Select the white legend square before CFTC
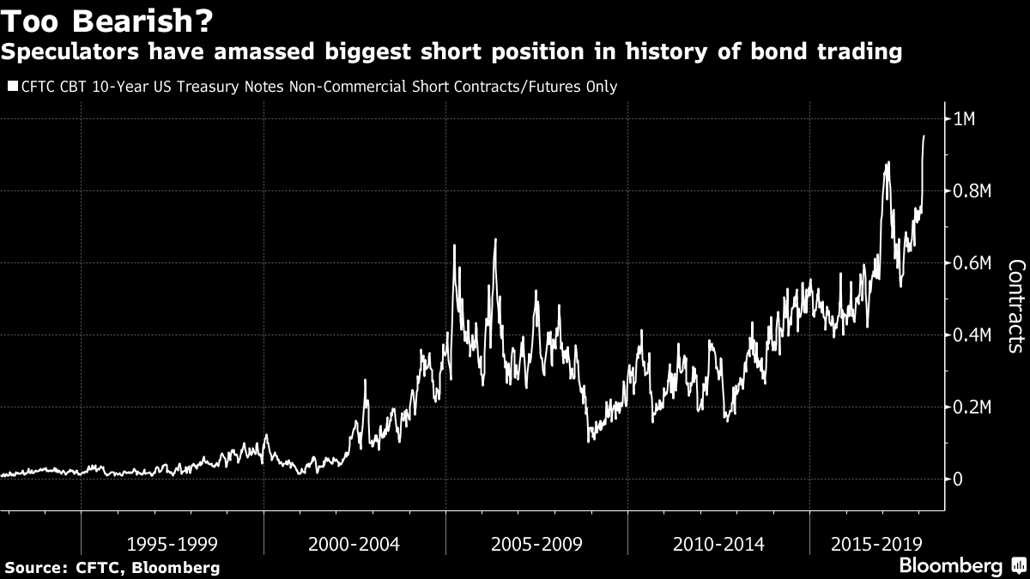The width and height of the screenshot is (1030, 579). [x=11, y=86]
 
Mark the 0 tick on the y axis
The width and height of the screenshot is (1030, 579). [x=959, y=479]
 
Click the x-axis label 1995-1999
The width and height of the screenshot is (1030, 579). [x=172, y=544]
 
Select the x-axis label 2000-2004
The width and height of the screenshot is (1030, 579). [x=354, y=544]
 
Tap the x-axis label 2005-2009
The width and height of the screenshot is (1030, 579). [x=536, y=544]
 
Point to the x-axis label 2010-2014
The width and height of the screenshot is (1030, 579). [x=719, y=544]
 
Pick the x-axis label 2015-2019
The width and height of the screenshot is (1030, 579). [x=876, y=544]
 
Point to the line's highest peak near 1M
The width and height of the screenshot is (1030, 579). [x=924, y=136]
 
